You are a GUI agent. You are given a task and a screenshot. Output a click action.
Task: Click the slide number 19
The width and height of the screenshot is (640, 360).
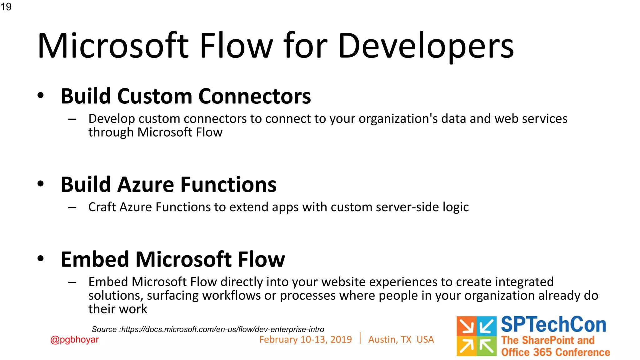(x=6, y=7)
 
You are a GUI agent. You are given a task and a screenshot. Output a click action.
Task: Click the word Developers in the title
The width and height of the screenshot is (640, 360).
(x=426, y=46)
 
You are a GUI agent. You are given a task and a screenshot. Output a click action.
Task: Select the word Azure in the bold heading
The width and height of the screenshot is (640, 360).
(x=146, y=185)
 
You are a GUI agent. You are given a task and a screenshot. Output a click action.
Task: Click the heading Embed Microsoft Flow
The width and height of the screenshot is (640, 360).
(x=172, y=259)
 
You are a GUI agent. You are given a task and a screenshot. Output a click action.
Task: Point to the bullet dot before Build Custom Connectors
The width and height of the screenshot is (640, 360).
(x=41, y=95)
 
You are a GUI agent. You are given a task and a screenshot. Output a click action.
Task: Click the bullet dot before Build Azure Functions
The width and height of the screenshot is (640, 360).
(x=41, y=184)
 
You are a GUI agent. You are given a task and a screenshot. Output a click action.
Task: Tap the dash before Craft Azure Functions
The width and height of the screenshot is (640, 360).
(x=72, y=207)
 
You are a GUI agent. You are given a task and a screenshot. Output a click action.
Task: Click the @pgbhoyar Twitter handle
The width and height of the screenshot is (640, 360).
(x=74, y=340)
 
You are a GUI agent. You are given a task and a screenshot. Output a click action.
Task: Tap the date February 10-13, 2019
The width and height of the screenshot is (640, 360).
(x=305, y=340)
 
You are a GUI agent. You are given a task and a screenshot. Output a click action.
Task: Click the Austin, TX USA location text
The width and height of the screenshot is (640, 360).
(x=401, y=340)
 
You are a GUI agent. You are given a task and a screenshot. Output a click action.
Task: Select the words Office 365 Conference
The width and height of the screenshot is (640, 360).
(x=555, y=352)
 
